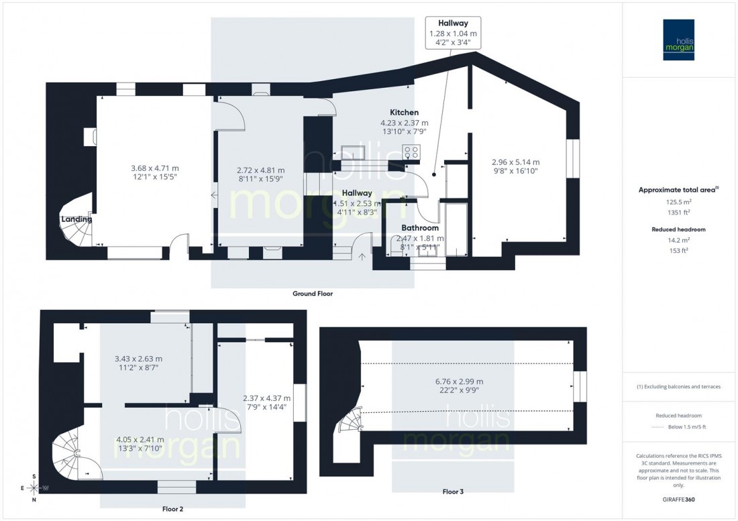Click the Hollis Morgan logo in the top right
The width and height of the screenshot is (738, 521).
[x=680, y=39]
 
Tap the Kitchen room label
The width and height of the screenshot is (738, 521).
[x=405, y=112]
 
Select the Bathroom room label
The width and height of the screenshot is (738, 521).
[x=421, y=228]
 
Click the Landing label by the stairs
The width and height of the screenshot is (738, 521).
[x=76, y=219]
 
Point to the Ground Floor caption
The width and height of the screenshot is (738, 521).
[x=312, y=294]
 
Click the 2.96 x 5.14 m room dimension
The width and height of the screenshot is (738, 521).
[x=515, y=162]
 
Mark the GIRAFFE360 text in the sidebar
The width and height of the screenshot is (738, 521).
[x=679, y=500]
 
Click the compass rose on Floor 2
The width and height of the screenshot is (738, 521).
[x=34, y=487]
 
